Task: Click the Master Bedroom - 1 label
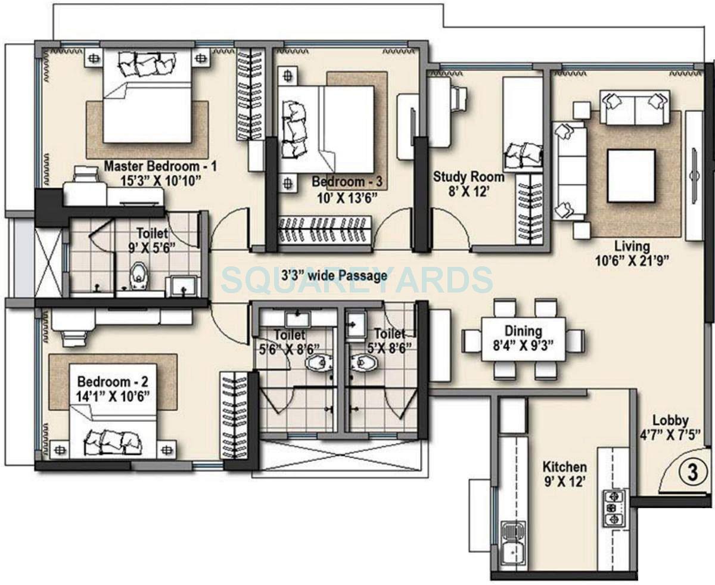coord(160,166)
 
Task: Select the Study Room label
coord(468,177)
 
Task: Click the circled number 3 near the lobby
coord(692,473)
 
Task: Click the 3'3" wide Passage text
coord(334,275)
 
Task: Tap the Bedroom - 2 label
coord(112,381)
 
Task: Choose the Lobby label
coord(670,419)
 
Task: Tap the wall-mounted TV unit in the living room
coord(694,176)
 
